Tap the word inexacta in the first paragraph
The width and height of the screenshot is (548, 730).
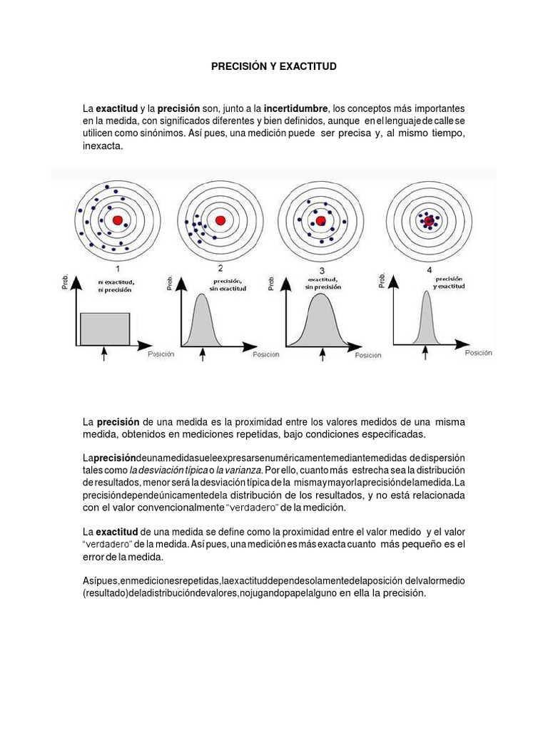point(103,146)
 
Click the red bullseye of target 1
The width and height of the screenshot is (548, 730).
point(118,220)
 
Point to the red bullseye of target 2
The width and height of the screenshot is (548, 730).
point(220,220)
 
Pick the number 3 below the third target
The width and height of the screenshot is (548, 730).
point(322,270)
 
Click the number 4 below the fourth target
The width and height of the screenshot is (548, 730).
point(429,270)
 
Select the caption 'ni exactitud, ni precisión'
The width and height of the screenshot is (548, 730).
point(117,286)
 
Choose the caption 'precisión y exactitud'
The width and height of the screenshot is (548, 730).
point(449,282)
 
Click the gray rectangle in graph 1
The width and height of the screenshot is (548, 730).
point(105,328)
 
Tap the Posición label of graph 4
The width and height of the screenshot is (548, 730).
point(479,352)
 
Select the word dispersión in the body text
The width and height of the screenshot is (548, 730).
point(442,457)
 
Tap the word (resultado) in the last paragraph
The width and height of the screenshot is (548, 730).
point(105,593)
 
